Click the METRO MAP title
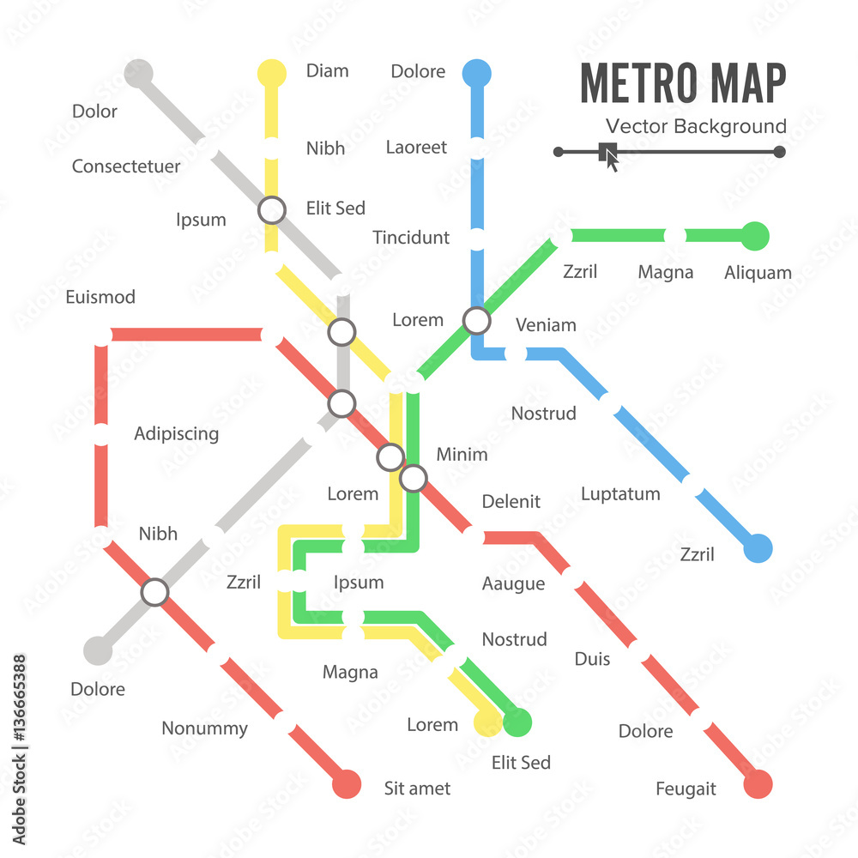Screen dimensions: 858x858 pos(683,83)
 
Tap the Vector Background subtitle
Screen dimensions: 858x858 pos(696,127)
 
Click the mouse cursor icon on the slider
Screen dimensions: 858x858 pos(610,156)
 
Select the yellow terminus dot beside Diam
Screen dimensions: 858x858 pos(272,73)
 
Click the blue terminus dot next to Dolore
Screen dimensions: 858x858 pos(476,73)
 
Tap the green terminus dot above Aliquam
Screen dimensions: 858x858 pos(755,236)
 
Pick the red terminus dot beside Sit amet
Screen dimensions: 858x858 pos(346,783)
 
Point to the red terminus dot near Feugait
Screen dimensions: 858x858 pos(758,783)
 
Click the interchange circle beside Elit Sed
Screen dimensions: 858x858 pos(272,209)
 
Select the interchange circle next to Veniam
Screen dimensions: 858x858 pos(476,321)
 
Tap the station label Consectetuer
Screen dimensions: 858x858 pos(126,166)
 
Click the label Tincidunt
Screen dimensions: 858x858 pos(411,238)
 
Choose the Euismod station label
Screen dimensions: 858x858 pos(100,298)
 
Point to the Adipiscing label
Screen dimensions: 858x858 pos(176,434)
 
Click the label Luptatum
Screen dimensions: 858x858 pos(620,494)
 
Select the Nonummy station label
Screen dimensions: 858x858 pos(204,729)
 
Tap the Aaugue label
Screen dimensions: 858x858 pos(513,584)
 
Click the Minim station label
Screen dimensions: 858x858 pos(462,455)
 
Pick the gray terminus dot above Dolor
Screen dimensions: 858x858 pos(138,73)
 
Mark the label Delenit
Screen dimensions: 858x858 pos(511,502)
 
